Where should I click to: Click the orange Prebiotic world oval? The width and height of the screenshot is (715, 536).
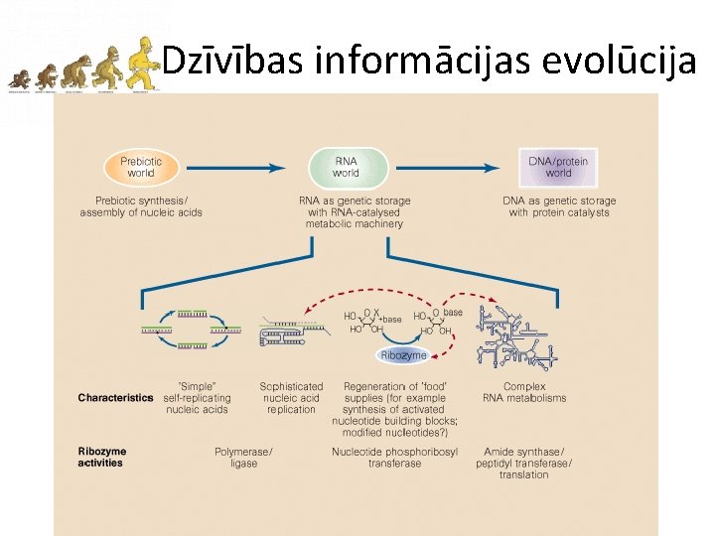(x=141, y=168)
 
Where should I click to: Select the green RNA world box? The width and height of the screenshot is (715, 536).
(x=346, y=168)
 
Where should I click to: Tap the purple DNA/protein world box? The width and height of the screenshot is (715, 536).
(x=558, y=168)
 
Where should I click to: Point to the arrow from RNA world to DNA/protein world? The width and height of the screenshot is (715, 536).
(x=452, y=168)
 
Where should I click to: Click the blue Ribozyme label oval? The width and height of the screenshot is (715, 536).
(x=403, y=354)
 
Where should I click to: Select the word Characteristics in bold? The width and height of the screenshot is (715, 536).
(x=116, y=398)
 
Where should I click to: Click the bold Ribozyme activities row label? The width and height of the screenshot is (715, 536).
(x=102, y=457)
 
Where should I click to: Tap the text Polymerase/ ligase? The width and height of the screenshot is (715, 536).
(x=243, y=458)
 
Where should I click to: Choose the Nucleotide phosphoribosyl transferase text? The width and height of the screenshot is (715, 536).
(x=394, y=458)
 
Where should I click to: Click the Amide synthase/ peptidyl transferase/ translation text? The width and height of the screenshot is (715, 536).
(x=524, y=463)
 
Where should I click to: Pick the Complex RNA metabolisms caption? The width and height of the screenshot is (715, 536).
(x=524, y=392)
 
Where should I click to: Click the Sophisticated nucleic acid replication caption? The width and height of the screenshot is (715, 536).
(x=291, y=398)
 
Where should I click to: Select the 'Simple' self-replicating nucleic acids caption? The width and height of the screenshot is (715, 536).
(x=197, y=398)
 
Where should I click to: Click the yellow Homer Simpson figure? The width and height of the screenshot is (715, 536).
(x=145, y=65)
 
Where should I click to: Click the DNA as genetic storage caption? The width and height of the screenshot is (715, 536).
(x=559, y=206)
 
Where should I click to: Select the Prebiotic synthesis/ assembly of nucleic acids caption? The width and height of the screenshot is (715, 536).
(x=141, y=206)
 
